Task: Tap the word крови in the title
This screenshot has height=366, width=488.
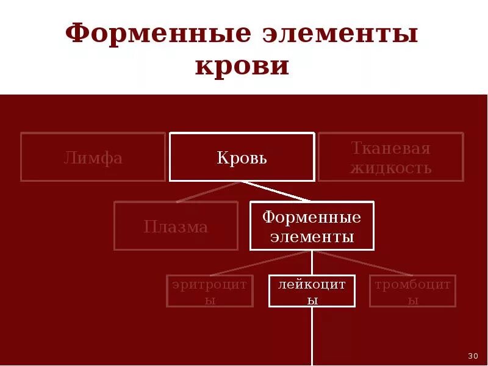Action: pos(242,66)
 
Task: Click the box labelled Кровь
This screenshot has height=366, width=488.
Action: pos(242,157)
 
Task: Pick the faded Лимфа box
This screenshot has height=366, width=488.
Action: pos(93,157)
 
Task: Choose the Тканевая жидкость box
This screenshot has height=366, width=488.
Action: pos(390,157)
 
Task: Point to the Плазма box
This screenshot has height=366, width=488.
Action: pos(176,226)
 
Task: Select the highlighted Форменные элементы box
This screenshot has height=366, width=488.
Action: pos(312,226)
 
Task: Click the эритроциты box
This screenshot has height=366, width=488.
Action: pos(209,291)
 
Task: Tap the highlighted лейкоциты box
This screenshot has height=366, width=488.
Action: pos(312,291)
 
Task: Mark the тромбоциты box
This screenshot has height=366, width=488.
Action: pos(412,291)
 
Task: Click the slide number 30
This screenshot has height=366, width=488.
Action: pos(473,356)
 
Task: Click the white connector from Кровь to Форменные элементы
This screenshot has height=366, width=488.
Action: pos(276,191)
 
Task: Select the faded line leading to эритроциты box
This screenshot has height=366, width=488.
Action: pos(262,263)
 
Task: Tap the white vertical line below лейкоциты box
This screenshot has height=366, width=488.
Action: pos(312,335)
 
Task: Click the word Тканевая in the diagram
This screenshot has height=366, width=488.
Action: pos(390,148)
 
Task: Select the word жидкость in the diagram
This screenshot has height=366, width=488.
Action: pos(390,168)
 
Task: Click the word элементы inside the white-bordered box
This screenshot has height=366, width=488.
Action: pos(312,237)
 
